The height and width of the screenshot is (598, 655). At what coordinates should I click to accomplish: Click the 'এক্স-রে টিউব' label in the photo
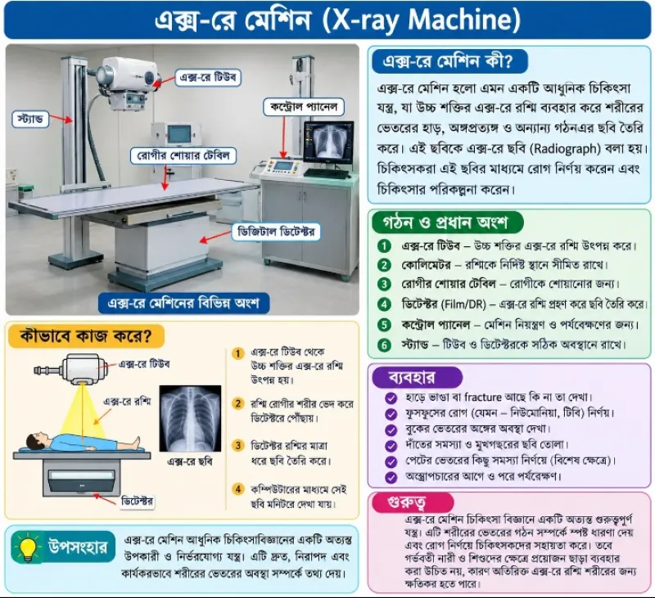click(208, 77)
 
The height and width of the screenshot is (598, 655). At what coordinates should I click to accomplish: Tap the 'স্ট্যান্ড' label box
click(30, 119)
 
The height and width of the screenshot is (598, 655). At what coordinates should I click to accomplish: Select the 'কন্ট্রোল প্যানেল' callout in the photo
click(304, 107)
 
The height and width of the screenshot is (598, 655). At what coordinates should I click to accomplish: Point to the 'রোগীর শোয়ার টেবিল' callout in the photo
click(183, 155)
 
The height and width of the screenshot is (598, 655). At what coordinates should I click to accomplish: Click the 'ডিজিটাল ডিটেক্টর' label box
click(276, 232)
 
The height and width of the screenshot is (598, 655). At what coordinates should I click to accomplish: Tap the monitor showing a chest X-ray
click(329, 142)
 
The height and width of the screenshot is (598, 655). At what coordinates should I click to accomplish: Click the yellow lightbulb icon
click(28, 547)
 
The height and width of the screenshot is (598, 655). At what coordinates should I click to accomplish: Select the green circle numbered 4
click(384, 304)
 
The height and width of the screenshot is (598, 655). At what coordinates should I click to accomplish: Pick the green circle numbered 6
click(384, 345)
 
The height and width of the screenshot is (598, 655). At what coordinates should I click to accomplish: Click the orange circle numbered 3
click(238, 446)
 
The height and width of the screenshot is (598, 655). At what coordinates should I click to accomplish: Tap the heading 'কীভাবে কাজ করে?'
click(86, 335)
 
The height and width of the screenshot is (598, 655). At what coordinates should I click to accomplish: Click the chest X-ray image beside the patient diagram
click(190, 419)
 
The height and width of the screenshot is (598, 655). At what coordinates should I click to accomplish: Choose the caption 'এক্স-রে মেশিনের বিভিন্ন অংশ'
click(183, 303)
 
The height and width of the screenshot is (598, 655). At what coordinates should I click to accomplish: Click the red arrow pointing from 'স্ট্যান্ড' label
click(61, 119)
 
